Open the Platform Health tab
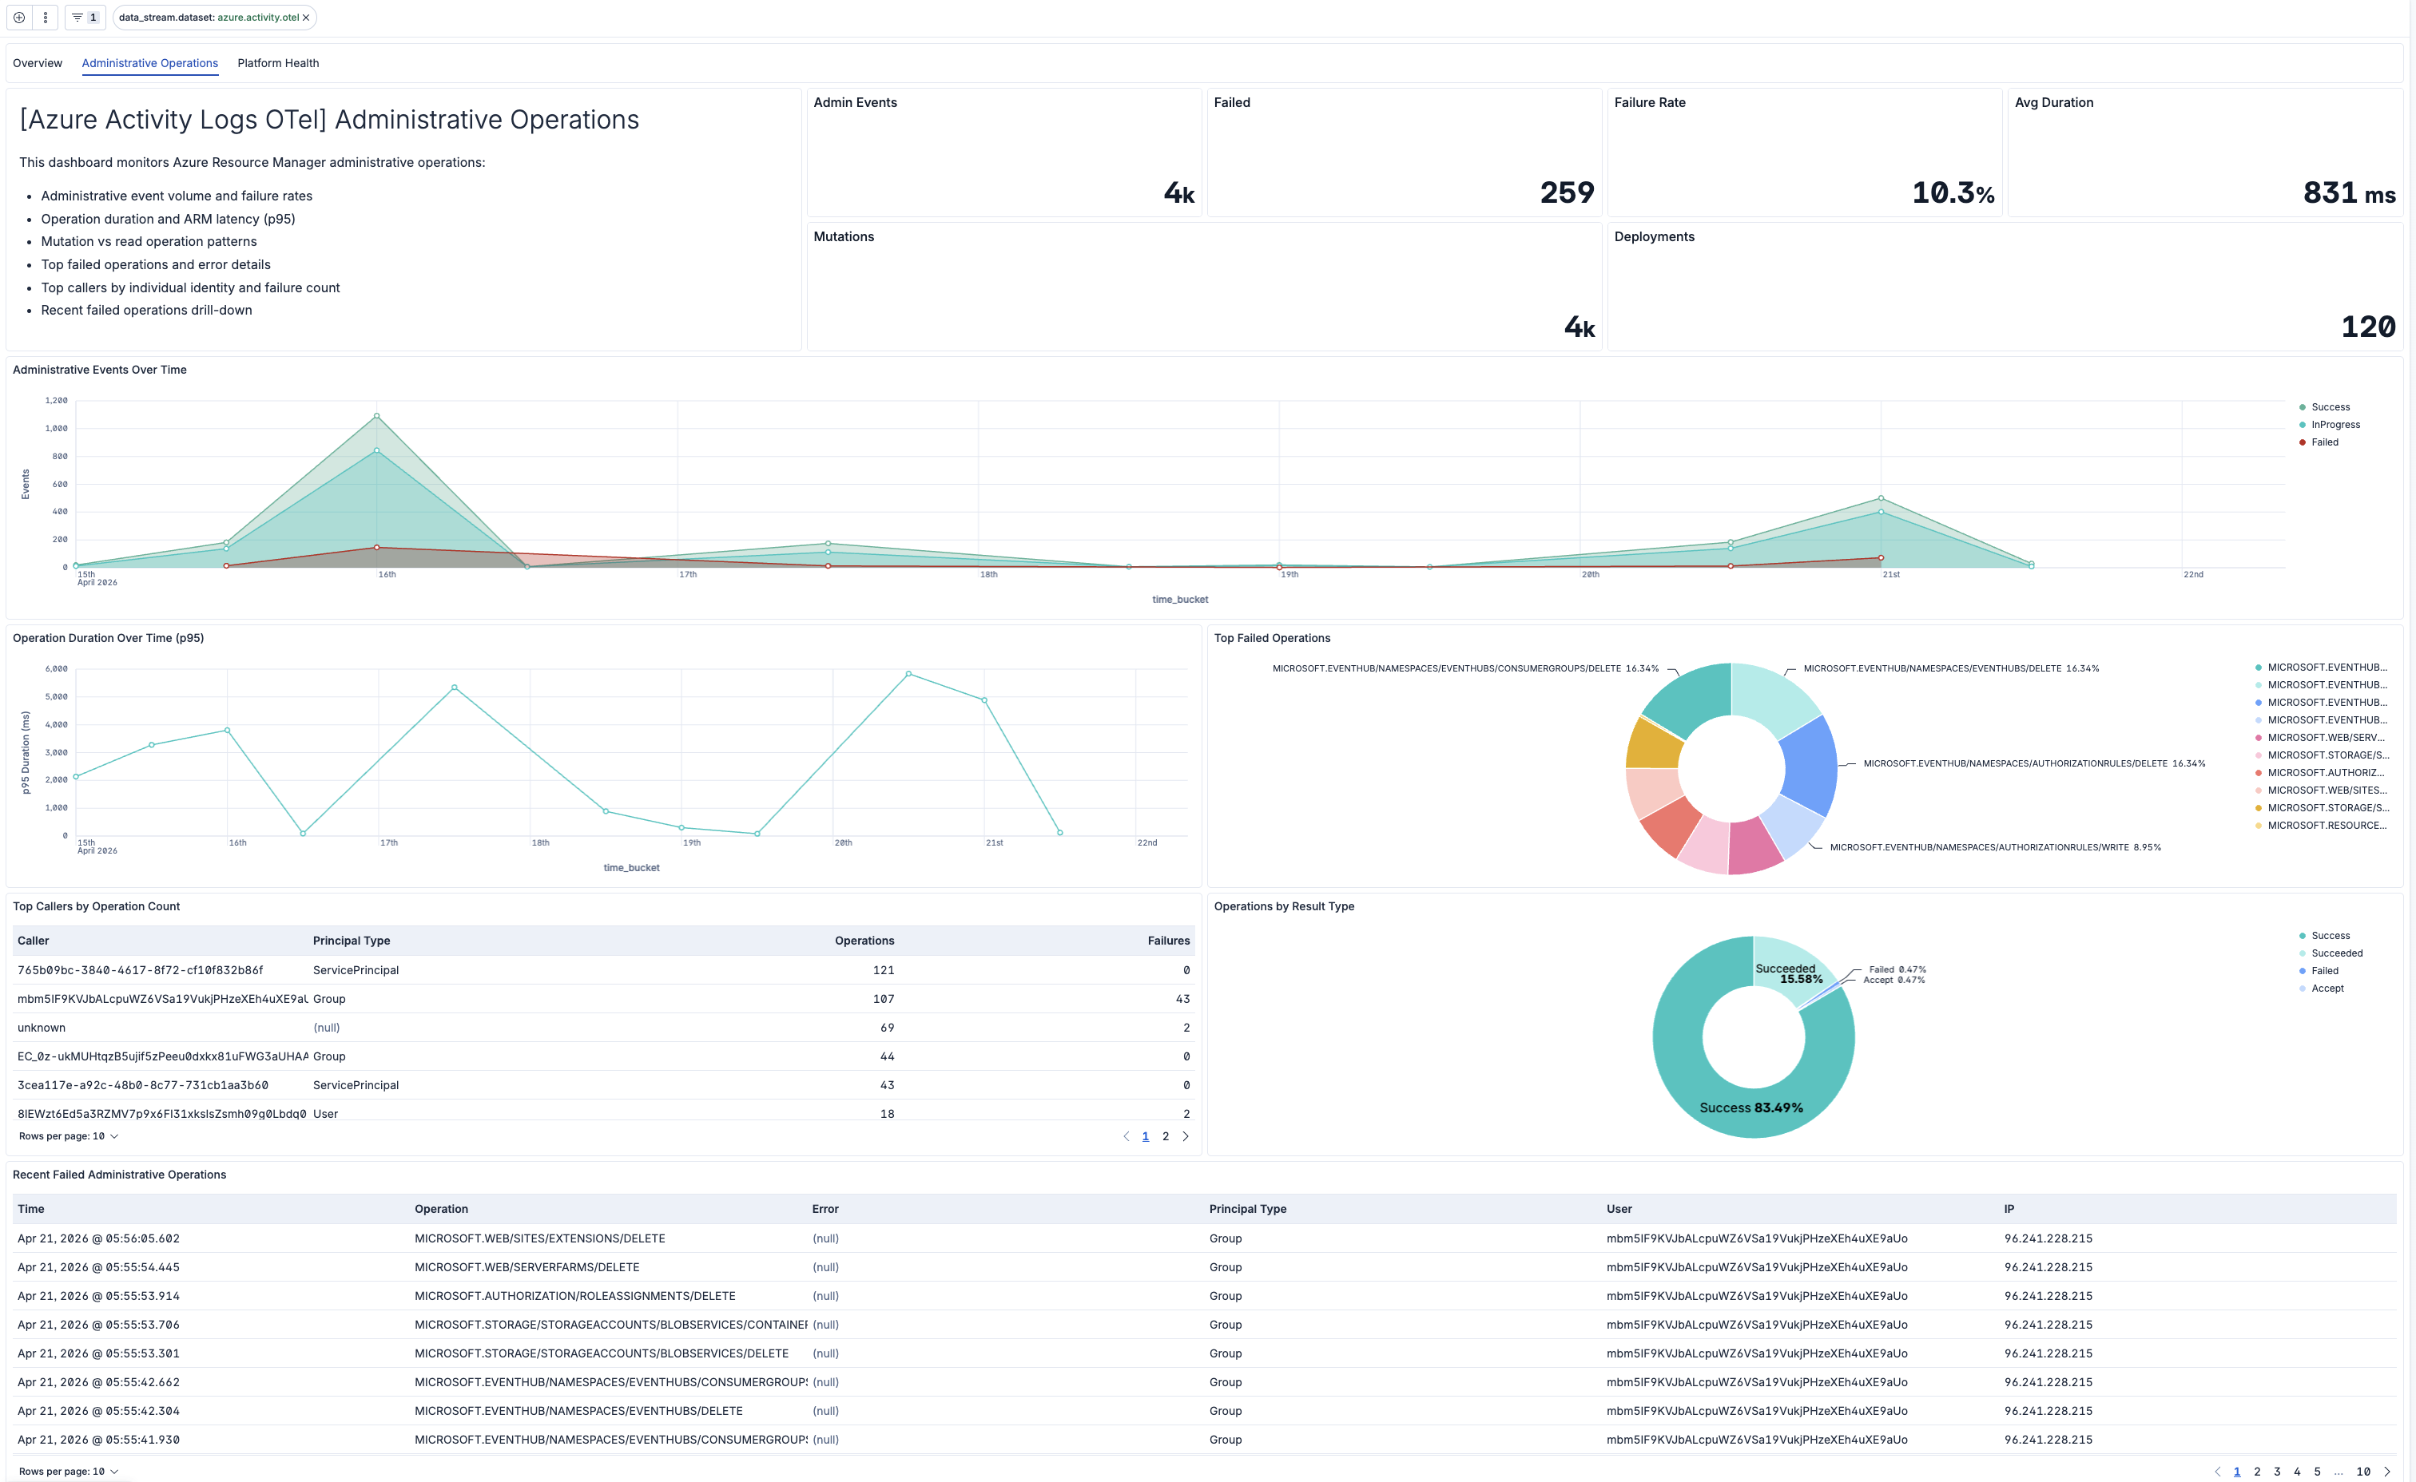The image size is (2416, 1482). (277, 63)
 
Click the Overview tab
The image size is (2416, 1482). (38, 63)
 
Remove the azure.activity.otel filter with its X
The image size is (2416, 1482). (306, 18)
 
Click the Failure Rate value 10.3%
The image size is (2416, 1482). (1953, 193)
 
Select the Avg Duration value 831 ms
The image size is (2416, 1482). (2348, 193)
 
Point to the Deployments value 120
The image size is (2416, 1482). (2367, 327)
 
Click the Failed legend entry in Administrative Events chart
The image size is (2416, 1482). (2324, 442)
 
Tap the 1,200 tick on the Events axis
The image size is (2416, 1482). (56, 401)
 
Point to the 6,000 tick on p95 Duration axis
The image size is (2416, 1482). (56, 669)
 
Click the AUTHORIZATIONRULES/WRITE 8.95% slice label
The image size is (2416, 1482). (1994, 848)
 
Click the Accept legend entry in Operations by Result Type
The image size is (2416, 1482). (2327, 988)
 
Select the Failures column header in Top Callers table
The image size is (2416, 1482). (1168, 941)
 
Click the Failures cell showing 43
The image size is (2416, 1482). (1182, 999)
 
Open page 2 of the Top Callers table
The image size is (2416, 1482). (1165, 1137)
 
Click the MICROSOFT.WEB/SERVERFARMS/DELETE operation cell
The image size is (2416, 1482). (527, 1267)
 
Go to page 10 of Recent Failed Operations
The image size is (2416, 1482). (2363, 1471)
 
